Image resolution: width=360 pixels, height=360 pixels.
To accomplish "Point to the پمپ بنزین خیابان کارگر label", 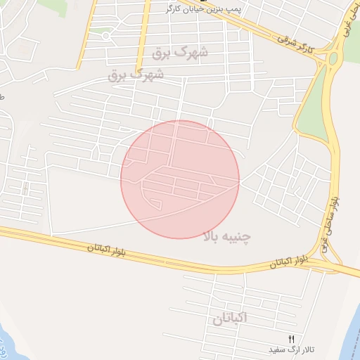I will coord(203,8).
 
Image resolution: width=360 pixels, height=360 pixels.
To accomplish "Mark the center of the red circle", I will coord(180,179).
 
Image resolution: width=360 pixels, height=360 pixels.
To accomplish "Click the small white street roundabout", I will coord(105,35).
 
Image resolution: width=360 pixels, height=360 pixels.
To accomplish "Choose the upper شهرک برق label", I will coord(181,53).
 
